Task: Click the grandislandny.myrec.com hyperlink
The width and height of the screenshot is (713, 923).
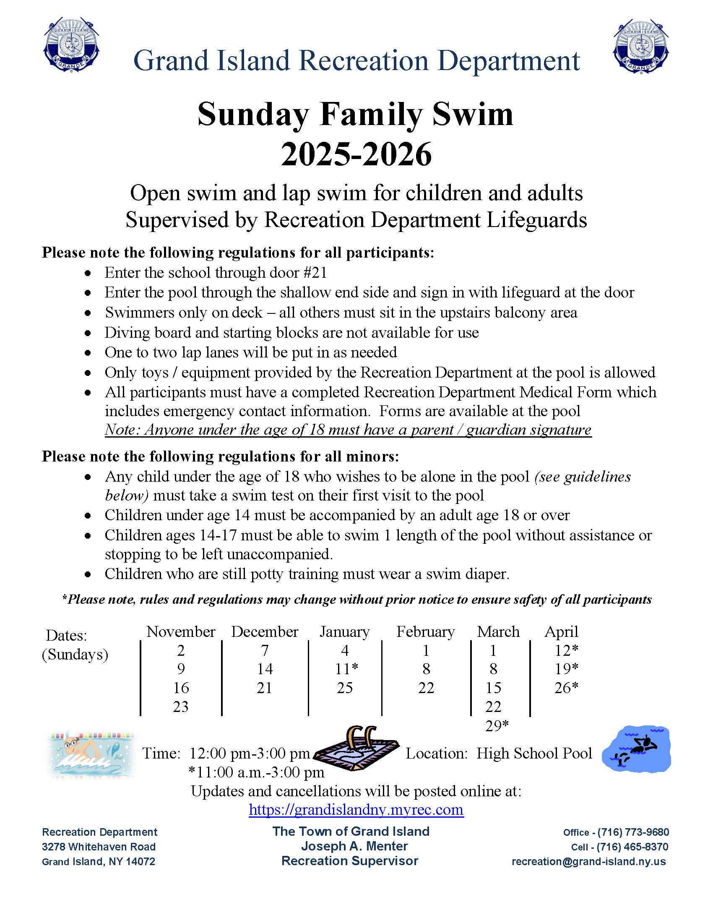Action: click(x=356, y=810)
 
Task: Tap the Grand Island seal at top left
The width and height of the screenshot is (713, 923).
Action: click(x=71, y=45)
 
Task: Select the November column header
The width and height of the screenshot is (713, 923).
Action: click(x=181, y=632)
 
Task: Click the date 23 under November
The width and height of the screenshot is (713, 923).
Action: click(x=181, y=707)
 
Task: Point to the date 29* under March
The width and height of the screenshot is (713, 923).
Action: click(x=497, y=726)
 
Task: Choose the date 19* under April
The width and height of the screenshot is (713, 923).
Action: click(x=566, y=669)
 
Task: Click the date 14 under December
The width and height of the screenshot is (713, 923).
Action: click(x=265, y=669)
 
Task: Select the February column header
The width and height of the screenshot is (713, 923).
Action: click(x=425, y=632)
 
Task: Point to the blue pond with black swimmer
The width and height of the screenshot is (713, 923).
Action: click(x=637, y=749)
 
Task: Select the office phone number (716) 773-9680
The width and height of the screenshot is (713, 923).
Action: click(x=633, y=832)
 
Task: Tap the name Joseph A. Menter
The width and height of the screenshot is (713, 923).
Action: click(x=354, y=846)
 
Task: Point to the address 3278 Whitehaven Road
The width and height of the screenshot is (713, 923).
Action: click(x=99, y=847)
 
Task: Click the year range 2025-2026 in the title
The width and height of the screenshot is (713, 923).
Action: click(x=356, y=154)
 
